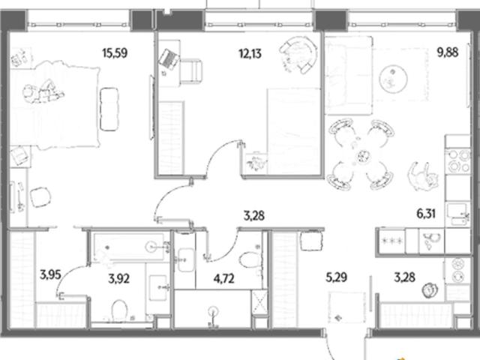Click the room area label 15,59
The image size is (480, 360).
pos(115,53)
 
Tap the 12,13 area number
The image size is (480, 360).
pos(250,54)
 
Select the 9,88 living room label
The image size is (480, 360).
pos(448,52)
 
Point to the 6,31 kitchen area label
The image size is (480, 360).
pos(426,214)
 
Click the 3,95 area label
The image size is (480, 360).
pos(50,275)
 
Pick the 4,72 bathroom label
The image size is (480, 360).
pos(224,278)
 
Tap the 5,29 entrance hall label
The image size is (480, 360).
pos(336,277)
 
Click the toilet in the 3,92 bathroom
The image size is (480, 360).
pos(119,310)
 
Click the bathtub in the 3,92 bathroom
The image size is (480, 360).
pos(128,247)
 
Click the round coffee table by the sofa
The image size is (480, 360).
pos(393,79)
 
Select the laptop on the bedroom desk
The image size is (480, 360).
pos(168,59)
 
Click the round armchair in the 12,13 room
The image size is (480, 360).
pos(298,55)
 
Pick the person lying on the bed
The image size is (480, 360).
pos(43,92)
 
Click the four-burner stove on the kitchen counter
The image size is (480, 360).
pos(457,160)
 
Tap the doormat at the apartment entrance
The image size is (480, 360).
pos(346,307)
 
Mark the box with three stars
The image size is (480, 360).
pos(391,241)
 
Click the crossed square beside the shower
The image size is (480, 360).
pos(259,302)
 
